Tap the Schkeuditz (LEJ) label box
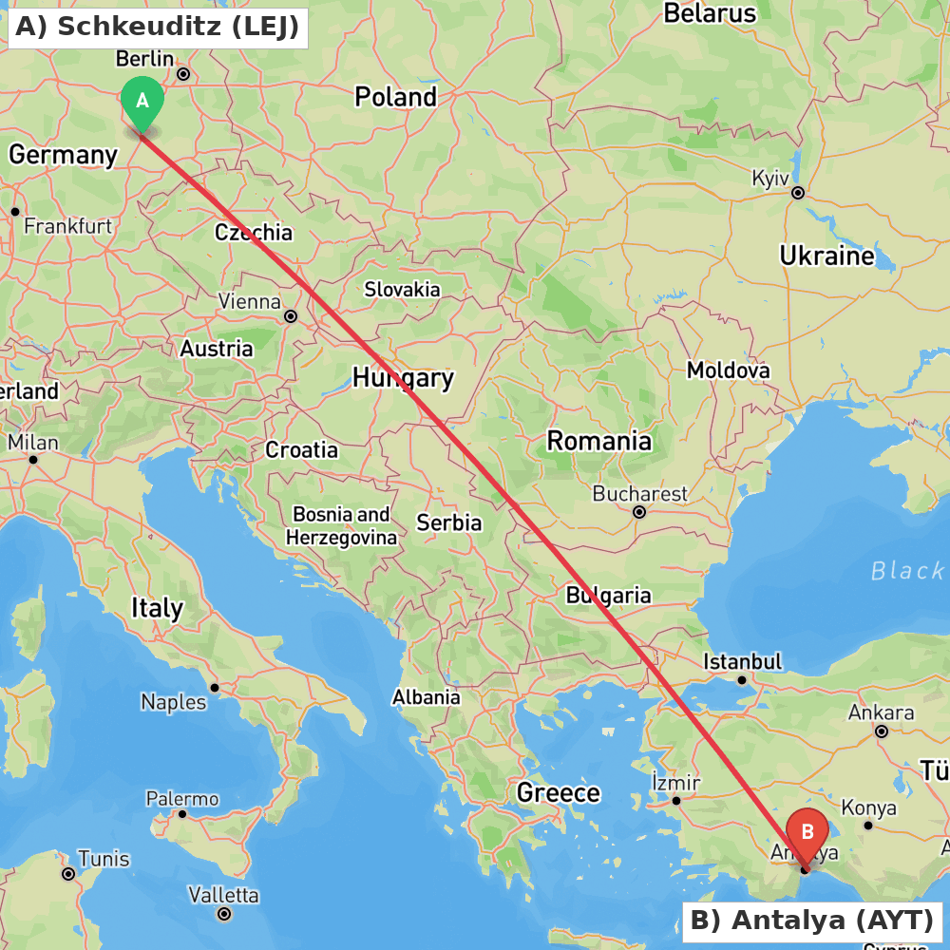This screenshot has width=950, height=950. coord(158,28)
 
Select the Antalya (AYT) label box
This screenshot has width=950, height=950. coord(812,921)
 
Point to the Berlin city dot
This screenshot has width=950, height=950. coord(183,74)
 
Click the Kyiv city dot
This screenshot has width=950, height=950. coord(798,193)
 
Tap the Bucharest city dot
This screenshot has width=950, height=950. coord(639,512)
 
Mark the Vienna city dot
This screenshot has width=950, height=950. coord(291,316)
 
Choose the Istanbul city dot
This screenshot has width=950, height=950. coord(743,679)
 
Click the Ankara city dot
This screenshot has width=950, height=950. coord(882,731)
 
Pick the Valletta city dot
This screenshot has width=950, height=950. coord(224,914)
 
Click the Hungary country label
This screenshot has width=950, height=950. coord(403,378)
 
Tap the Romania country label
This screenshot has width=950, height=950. coord(598,441)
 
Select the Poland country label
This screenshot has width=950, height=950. coord(395,97)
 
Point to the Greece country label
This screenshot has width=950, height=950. coord(559,792)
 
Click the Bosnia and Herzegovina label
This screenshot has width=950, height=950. coord(341,526)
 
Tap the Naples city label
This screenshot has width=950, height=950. coord(173,702)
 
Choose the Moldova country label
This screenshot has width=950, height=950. coord(728,370)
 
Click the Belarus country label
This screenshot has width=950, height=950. coord(710,13)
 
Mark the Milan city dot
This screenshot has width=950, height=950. coord(33,460)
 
